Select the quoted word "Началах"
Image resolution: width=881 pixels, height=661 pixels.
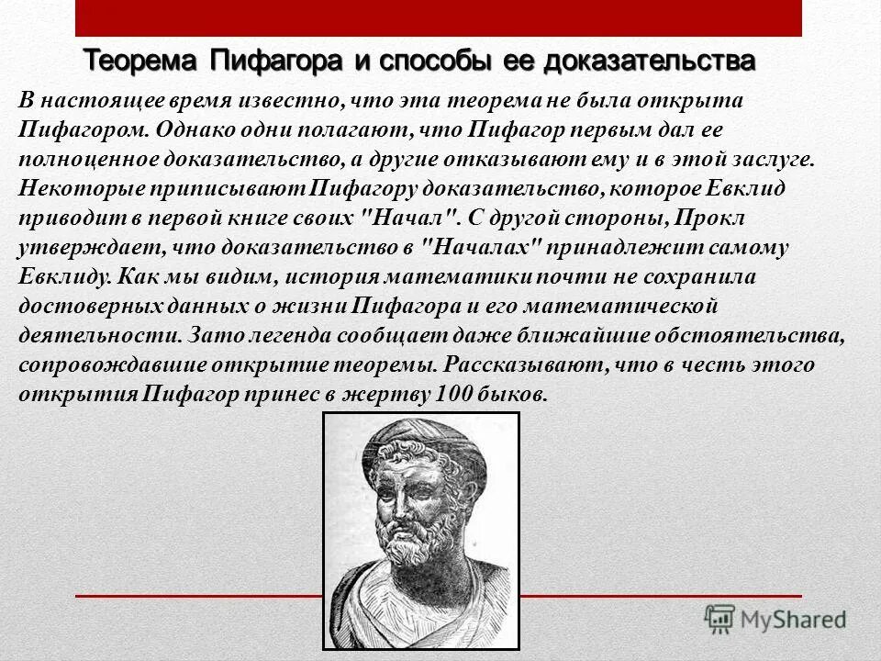click(x=480, y=247)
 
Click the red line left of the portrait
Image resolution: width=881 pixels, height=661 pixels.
click(x=198, y=598)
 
